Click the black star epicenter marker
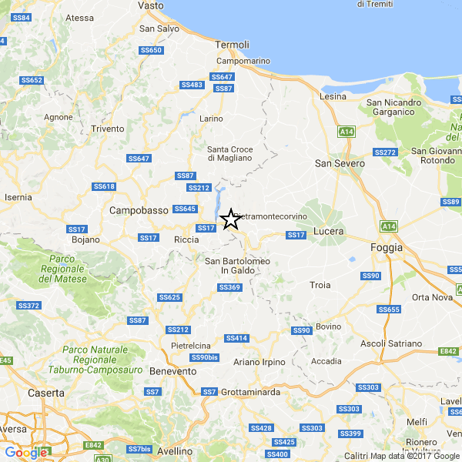point(230,219)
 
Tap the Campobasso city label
point(139,209)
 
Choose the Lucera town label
point(329,231)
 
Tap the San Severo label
point(340,162)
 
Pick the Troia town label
point(320,285)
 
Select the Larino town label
point(211,119)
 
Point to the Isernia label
point(17,197)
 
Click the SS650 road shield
point(151,50)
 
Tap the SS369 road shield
point(229,287)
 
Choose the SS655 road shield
point(390,310)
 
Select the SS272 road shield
point(385,152)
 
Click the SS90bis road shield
point(204,357)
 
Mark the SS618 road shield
point(104,186)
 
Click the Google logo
point(26,453)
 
